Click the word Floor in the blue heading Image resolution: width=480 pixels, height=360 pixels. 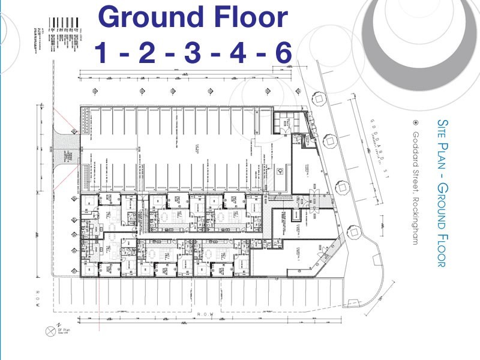[x=251, y=18]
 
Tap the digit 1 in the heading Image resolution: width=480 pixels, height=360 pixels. [x=102, y=54]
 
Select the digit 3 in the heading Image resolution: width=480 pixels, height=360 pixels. [x=192, y=54]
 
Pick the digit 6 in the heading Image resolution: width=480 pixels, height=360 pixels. [x=281, y=54]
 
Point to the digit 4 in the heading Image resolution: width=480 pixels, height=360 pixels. [x=238, y=54]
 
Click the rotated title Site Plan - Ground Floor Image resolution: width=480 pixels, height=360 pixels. [x=442, y=192]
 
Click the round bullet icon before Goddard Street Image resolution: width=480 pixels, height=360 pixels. [x=415, y=122]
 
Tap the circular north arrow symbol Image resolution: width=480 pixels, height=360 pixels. [x=50, y=331]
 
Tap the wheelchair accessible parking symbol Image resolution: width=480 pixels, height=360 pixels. [x=280, y=170]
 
